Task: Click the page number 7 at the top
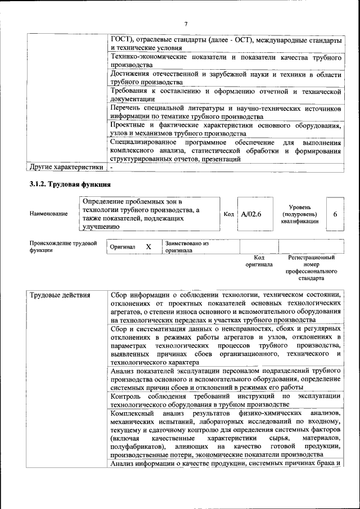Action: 185,23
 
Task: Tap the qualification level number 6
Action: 335,214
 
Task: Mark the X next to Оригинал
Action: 148,247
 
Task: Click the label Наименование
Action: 49,214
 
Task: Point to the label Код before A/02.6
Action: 228,214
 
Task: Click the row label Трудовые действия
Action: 58,295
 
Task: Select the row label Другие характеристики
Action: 66,167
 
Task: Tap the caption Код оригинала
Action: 259,261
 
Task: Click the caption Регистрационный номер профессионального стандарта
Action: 310,268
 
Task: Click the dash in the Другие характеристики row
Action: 112,167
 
